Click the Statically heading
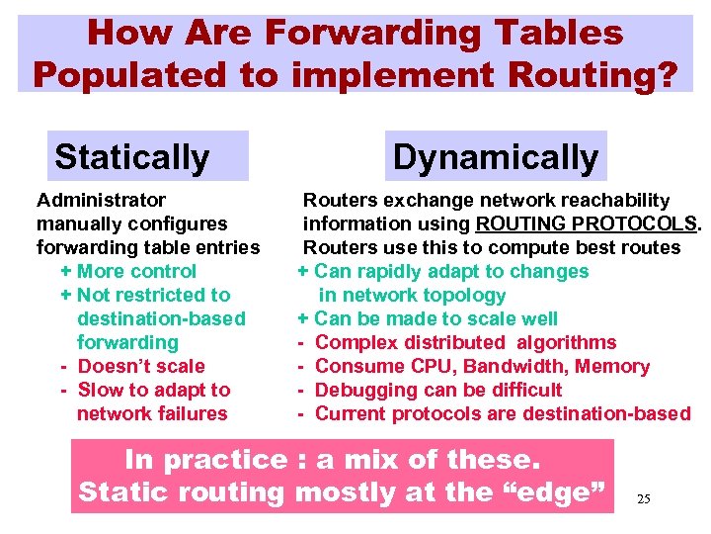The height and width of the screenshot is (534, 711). point(132,157)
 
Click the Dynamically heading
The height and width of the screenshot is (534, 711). point(496,157)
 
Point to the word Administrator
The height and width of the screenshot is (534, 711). point(101,200)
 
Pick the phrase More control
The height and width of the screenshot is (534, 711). point(136,271)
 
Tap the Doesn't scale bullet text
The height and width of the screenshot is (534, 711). point(141,366)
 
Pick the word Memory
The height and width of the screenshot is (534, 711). point(613,366)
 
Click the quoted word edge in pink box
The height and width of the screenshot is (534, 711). point(559,491)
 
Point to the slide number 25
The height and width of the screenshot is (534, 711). point(644,499)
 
